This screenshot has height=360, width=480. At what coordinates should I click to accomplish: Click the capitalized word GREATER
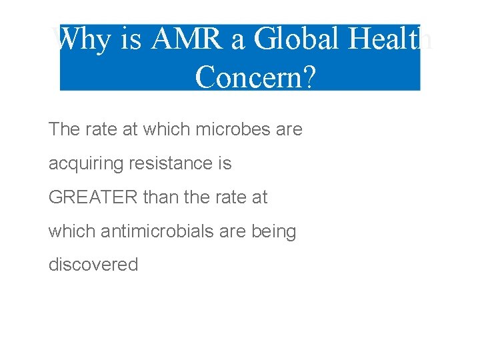93,197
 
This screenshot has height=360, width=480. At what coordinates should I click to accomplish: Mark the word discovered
93,265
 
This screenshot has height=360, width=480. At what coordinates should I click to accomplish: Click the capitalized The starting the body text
64,129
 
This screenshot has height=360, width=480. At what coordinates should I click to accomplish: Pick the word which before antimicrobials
72,231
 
